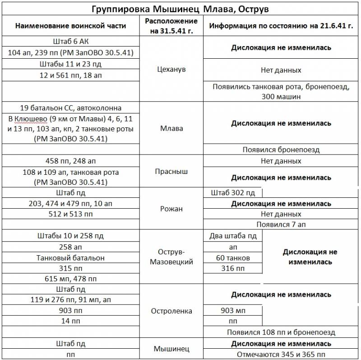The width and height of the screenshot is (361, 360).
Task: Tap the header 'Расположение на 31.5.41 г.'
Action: point(171,26)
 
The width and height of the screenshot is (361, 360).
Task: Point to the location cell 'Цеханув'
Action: point(171,70)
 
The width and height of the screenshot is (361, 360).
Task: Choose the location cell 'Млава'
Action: point(171,128)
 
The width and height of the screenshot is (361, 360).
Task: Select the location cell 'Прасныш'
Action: point(171,172)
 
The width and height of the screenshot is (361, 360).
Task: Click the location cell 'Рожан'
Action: point(171,209)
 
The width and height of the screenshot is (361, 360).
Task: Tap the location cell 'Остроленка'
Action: point(171,311)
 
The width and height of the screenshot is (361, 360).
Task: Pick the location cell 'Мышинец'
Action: point(171,349)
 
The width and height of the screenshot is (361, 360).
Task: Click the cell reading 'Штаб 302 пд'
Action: point(233,193)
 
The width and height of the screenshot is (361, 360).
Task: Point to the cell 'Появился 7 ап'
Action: point(281,224)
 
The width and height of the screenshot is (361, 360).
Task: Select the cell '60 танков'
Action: point(233,258)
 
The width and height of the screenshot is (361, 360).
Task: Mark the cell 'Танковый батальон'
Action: point(70,258)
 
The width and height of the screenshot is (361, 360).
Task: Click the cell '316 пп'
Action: point(233,269)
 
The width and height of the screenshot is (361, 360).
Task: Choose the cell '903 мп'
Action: point(233,311)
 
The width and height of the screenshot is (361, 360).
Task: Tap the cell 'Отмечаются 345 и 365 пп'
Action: point(281,354)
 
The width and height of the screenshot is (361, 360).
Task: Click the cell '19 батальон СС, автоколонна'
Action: point(70,108)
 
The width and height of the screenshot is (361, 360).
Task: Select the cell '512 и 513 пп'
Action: point(70,214)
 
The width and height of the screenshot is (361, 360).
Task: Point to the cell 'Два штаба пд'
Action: point(233,236)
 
